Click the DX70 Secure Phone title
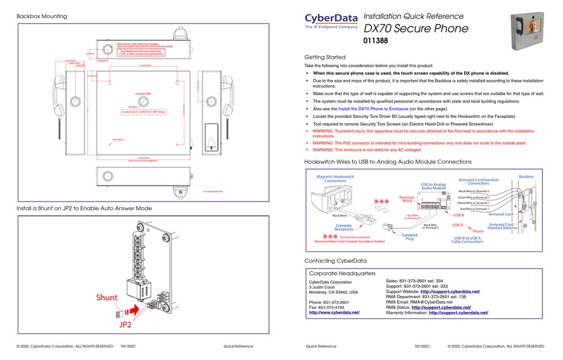point(415,28)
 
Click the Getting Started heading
point(324,57)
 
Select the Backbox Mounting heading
point(41,16)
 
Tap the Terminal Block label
point(407,199)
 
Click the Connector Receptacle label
point(344,228)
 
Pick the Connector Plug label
point(410,238)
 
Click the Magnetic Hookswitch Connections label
point(335,179)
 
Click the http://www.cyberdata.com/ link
point(334,312)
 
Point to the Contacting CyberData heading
point(335,260)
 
